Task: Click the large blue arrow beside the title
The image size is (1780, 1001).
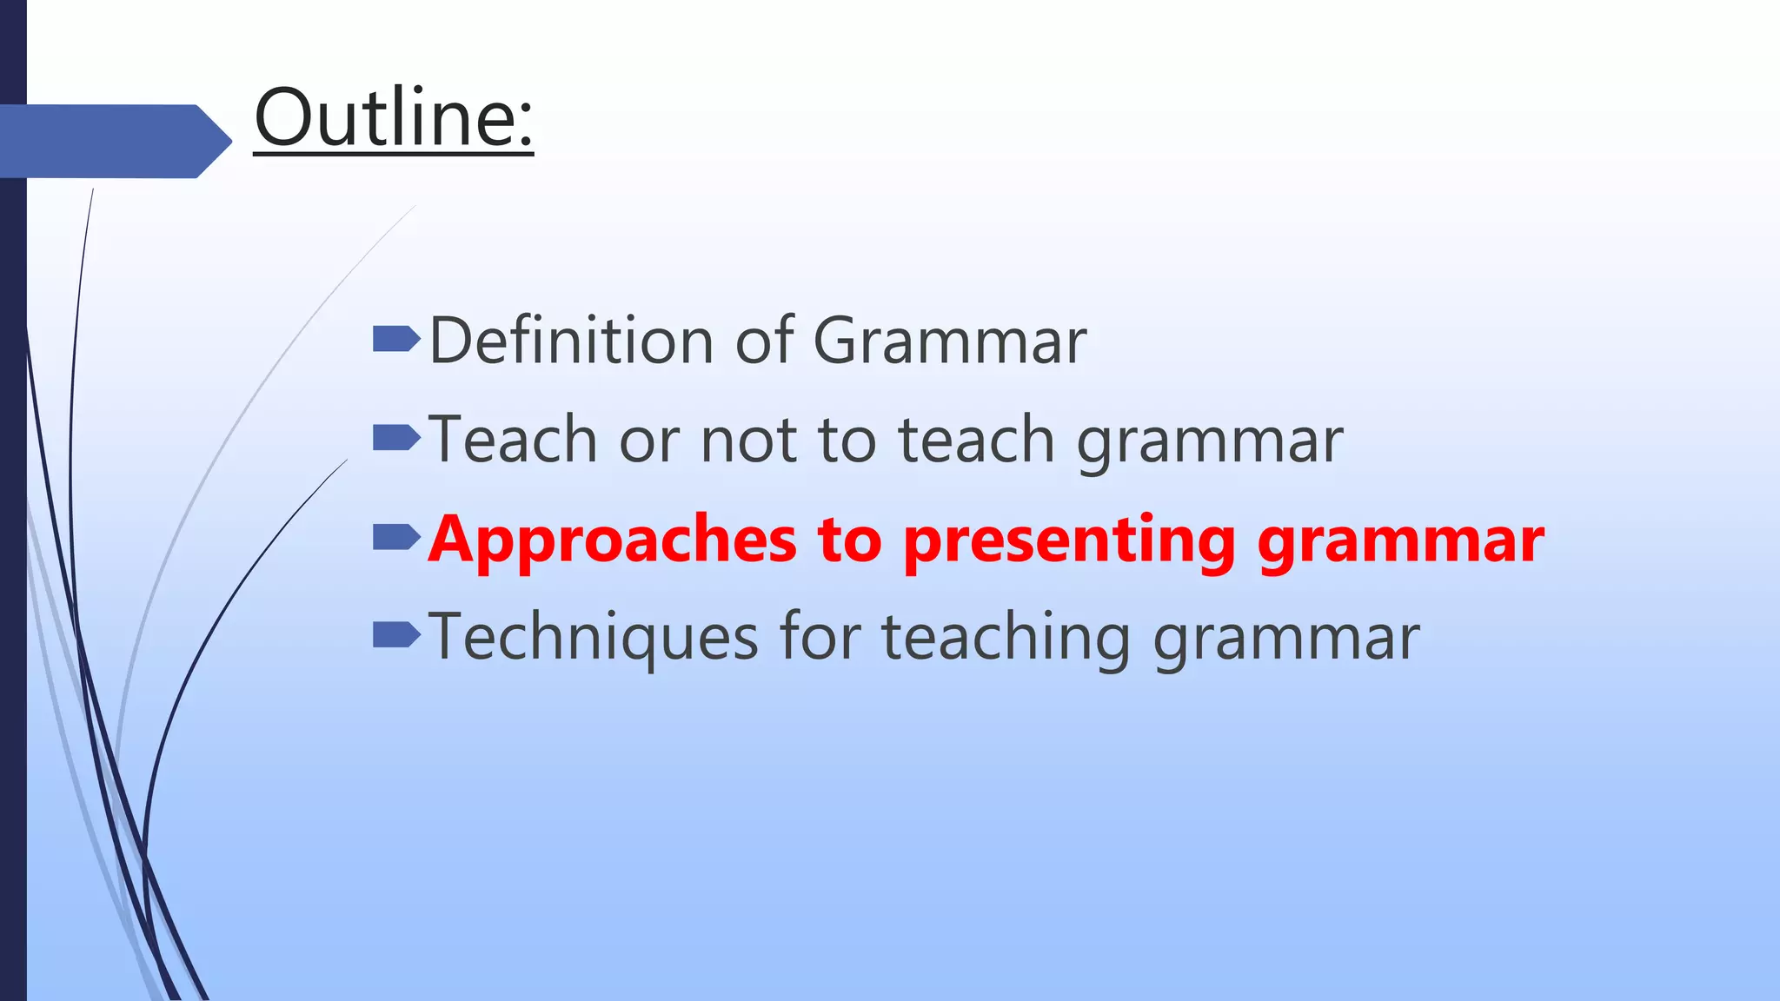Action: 113,141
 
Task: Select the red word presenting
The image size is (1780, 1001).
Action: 1068,540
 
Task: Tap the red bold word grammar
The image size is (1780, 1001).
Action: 1400,540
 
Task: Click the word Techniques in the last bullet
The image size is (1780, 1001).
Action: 593,637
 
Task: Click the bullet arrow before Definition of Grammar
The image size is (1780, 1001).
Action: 395,339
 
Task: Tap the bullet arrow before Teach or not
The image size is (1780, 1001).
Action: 395,438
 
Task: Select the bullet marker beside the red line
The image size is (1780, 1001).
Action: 395,538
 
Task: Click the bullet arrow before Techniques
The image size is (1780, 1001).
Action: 395,636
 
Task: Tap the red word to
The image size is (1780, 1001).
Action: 849,540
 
